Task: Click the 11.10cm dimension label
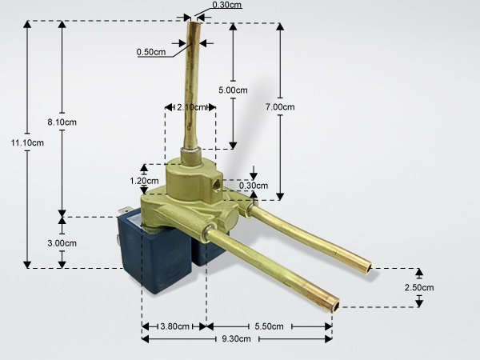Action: coord(27,142)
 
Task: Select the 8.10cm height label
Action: coord(62,122)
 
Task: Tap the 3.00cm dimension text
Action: coord(62,243)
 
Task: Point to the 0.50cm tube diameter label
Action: coord(151,52)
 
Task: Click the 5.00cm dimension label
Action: coord(233,90)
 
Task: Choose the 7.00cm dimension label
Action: coord(280,107)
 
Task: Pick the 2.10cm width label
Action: coord(191,107)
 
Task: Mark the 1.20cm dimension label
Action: coord(144,181)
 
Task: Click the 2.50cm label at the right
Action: coord(419,287)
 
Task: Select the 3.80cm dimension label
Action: coord(174,326)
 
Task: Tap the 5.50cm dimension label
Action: coord(269,326)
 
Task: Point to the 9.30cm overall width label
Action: coord(236,339)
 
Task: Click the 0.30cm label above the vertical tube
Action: coord(227,5)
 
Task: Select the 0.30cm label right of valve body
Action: coord(254,186)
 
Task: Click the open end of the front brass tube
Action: coord(336,306)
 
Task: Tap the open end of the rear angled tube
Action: coord(369,269)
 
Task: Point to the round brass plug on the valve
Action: coord(231,218)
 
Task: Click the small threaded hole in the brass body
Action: coord(218,185)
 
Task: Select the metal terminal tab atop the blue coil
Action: coord(126,210)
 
